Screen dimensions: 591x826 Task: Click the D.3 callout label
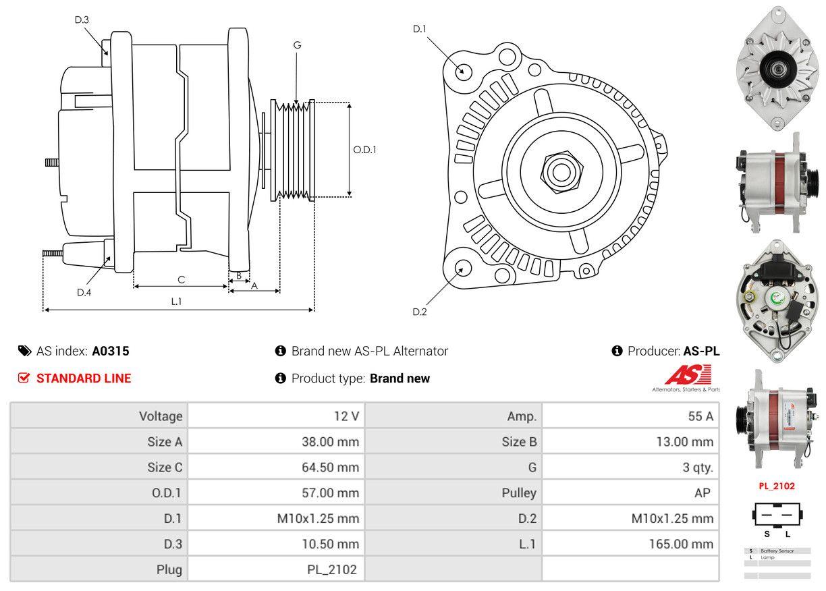point(82,20)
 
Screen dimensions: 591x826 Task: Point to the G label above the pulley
point(297,45)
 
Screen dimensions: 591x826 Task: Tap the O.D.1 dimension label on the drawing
point(364,150)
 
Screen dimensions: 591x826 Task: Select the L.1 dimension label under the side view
point(176,302)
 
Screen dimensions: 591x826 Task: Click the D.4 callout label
point(84,292)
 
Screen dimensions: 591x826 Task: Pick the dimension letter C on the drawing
point(181,279)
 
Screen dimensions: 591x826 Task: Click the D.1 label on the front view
point(420,28)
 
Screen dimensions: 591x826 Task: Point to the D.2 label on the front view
point(420,312)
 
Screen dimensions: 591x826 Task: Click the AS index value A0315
point(111,351)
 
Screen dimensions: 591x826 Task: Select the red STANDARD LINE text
point(84,378)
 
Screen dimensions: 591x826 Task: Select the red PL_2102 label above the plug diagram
point(777,486)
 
